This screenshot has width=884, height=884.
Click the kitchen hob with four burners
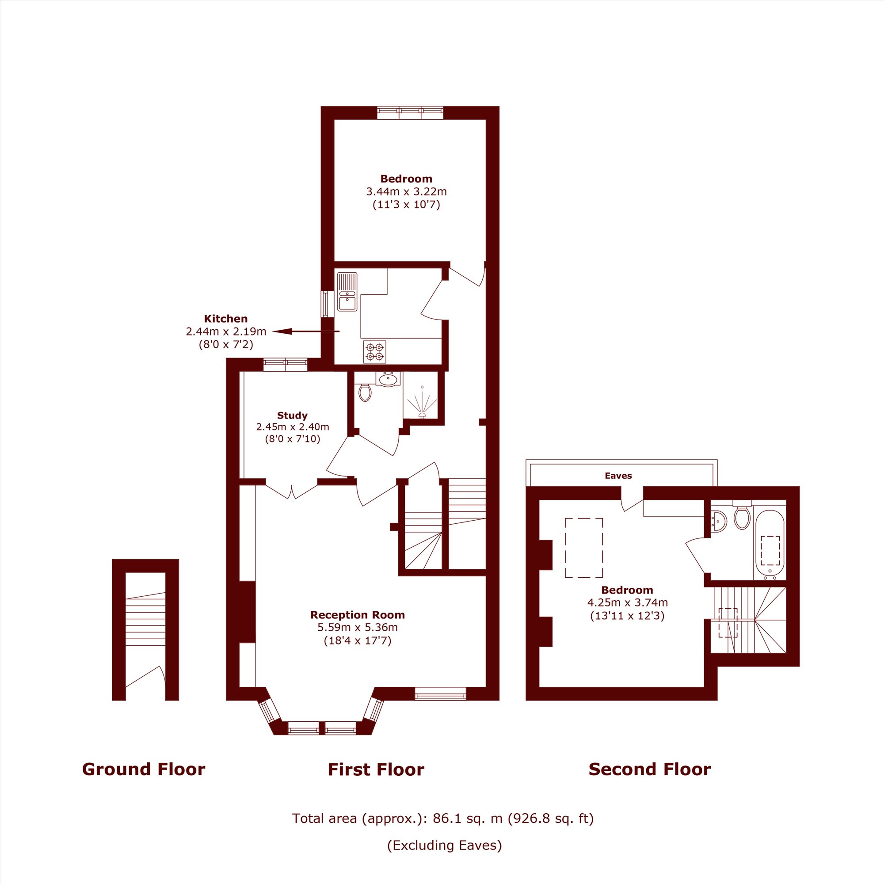point(374,351)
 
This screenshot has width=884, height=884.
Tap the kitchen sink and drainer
point(347,291)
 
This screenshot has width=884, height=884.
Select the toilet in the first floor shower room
point(365,391)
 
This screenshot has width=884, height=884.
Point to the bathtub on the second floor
point(770,545)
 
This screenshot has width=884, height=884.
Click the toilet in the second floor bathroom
point(741,517)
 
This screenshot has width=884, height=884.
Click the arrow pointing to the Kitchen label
point(306,331)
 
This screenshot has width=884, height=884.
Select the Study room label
point(292,415)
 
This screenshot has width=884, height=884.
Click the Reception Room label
point(358,614)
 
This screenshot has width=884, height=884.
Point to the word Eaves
point(618,476)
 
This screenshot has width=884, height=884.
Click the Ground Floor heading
point(144,769)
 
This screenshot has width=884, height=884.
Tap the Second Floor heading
point(650,769)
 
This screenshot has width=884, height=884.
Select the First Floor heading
point(376,770)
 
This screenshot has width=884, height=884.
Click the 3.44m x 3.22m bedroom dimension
point(406,191)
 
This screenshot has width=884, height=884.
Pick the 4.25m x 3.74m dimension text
point(627,602)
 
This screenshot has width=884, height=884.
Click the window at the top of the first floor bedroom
point(411,113)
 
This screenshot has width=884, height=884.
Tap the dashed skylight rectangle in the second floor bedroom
point(584,548)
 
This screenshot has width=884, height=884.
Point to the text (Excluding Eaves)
point(445,845)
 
